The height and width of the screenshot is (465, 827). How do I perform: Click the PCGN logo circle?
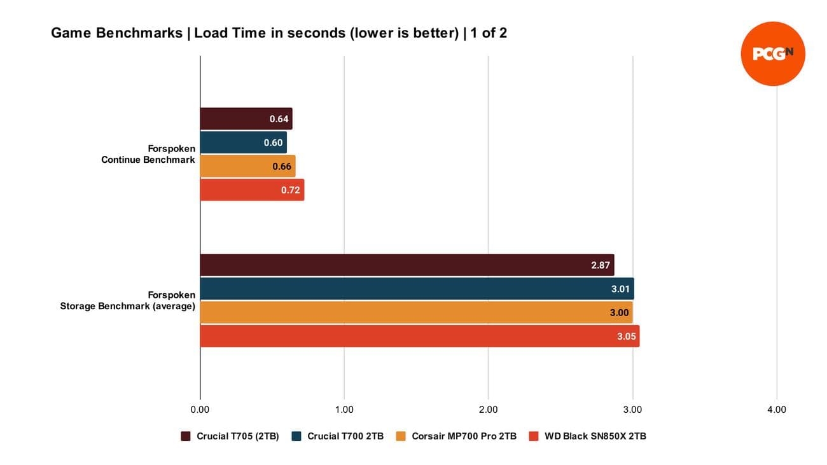point(773,53)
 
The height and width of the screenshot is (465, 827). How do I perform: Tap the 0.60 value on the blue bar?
point(273,142)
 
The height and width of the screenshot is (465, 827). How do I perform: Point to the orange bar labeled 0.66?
point(247,166)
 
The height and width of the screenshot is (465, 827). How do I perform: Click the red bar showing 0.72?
point(252,190)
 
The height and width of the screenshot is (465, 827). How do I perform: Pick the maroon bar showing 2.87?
point(407,265)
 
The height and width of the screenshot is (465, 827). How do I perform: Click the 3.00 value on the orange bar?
point(619,312)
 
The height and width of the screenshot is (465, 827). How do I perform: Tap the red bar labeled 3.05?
point(420,336)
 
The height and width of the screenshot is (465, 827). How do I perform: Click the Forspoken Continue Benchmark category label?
point(148,155)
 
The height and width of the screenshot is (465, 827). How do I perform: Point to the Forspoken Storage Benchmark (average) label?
point(128,301)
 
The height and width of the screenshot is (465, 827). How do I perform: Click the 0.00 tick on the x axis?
point(200,410)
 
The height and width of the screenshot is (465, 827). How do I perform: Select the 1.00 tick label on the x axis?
point(344,410)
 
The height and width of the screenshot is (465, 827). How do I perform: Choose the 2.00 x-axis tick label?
point(488,410)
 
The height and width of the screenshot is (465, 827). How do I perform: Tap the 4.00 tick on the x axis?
point(777,410)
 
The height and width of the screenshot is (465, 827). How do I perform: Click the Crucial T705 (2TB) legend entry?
point(230,436)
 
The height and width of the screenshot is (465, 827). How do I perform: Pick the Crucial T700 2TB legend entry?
point(338,436)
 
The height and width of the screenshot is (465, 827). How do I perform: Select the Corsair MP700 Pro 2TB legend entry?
point(456,436)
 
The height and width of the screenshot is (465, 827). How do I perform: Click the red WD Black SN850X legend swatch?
point(534,436)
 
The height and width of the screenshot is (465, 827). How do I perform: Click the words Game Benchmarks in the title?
point(116,33)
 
